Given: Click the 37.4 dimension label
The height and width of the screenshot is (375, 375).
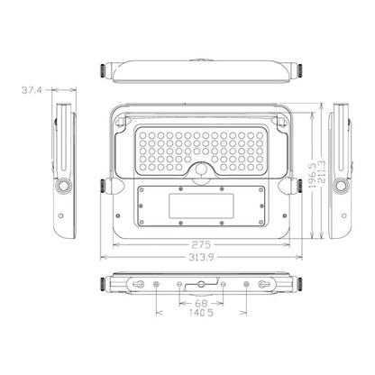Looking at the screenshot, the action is (32, 90).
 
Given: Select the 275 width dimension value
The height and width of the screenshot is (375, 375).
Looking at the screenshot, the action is (201, 245).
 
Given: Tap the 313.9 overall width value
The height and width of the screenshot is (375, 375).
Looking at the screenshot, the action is (201, 257).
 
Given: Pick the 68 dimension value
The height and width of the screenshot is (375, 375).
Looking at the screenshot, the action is (201, 303).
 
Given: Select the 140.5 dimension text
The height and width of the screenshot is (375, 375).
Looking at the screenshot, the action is (201, 313).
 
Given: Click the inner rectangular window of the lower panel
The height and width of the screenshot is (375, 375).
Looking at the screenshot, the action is (201, 206).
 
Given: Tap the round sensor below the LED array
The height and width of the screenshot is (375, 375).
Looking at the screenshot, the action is (201, 169).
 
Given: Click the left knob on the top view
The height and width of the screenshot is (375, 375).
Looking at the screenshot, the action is (104, 70).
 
